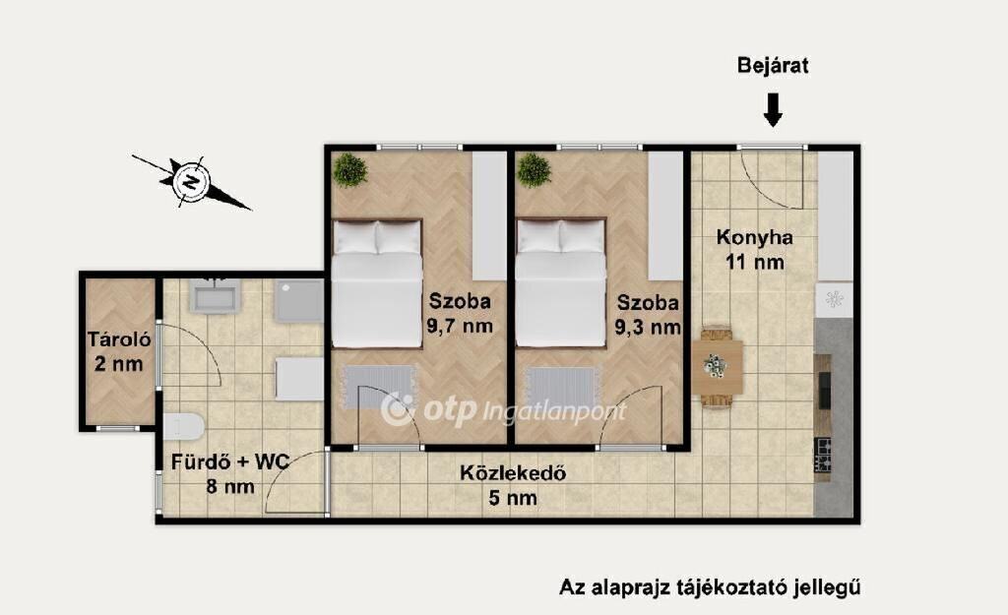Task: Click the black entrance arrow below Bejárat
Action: [773, 110]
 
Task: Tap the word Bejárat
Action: [773, 66]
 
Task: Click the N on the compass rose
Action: [190, 182]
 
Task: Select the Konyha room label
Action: [755, 238]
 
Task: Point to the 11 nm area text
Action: [755, 262]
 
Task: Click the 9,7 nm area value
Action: [460, 326]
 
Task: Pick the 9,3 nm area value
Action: [648, 327]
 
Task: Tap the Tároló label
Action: [119, 339]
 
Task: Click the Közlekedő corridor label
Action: [513, 473]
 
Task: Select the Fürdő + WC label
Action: [230, 462]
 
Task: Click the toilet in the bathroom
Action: [183, 426]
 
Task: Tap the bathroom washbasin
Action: [214, 295]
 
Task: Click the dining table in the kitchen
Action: [718, 367]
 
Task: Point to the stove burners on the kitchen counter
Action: [823, 455]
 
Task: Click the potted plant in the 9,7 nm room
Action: [350, 170]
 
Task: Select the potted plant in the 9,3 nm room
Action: [534, 170]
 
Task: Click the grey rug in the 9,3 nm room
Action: [562, 388]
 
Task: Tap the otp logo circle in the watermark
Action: [399, 409]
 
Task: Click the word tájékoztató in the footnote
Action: [729, 587]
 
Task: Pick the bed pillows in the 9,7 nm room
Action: [377, 237]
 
